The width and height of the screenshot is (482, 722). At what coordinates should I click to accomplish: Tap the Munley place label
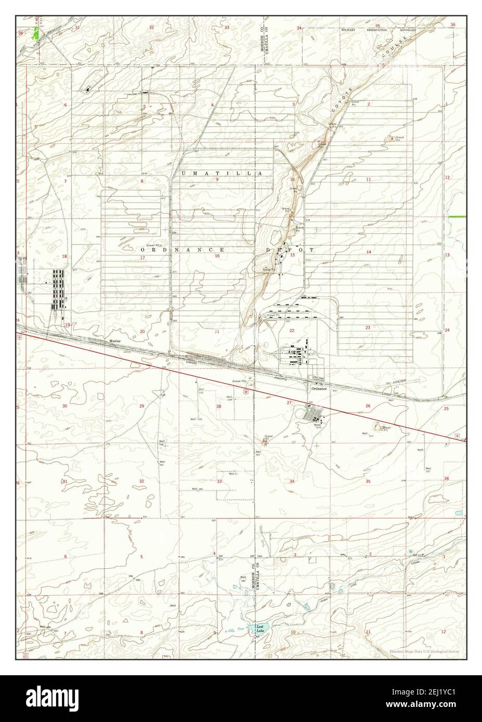pos(114,341)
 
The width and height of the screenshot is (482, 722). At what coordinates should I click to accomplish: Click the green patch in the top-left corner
pos(36,34)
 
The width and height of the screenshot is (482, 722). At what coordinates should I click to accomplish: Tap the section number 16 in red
pos(217,256)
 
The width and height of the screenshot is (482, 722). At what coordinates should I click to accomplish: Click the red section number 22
pos(292,330)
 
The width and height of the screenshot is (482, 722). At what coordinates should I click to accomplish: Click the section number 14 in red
pos(368,252)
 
